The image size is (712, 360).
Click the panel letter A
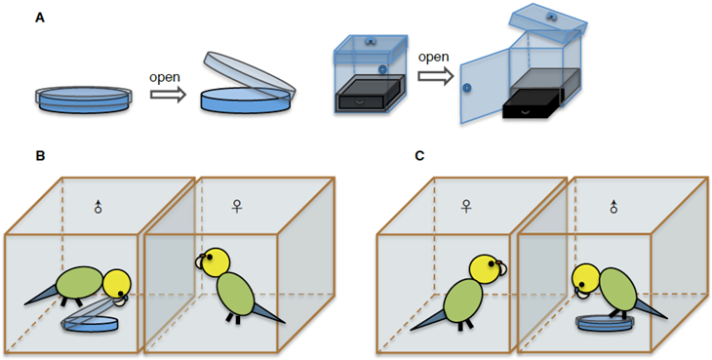pyautogui.click(x=40, y=20)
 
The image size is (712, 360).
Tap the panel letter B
pyautogui.click(x=40, y=156)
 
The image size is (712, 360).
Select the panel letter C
pyautogui.click(x=419, y=156)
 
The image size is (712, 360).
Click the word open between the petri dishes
pyautogui.click(x=165, y=78)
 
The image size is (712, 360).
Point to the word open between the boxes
pyautogui.click(x=433, y=58)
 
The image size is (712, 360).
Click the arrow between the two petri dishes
pyautogui.click(x=169, y=95)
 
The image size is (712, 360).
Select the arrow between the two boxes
pyautogui.click(x=436, y=75)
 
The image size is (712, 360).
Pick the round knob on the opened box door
pyautogui.click(x=466, y=88)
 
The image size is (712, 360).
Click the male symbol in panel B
pyautogui.click(x=98, y=207)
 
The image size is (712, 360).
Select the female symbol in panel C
pyautogui.click(x=466, y=207)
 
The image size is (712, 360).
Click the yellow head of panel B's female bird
pyautogui.click(x=216, y=261)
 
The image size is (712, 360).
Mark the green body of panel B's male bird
pyautogui.click(x=80, y=282)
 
